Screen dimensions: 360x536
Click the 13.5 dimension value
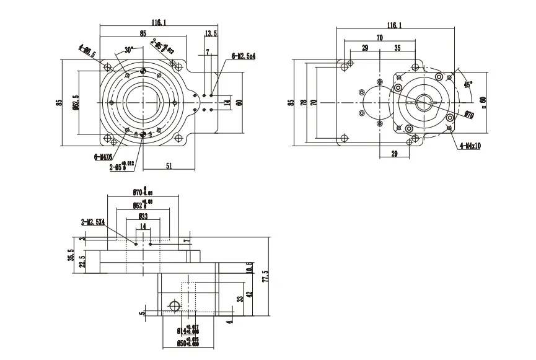(211, 33)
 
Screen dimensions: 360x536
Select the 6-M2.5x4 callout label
(244, 56)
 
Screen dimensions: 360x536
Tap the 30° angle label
(129, 50)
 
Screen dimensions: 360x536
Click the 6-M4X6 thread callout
(104, 157)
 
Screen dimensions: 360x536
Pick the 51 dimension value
(168, 165)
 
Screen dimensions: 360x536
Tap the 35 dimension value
(397, 48)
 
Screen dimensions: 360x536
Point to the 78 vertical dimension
(303, 102)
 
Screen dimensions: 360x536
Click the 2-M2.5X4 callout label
(93, 221)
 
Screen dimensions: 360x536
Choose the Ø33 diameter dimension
(143, 217)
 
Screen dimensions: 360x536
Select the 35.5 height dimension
(71, 255)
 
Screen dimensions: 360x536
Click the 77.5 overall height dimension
(266, 276)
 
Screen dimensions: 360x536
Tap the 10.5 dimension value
(250, 268)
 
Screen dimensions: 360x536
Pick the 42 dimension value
(250, 295)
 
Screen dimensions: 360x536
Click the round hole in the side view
(174, 305)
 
